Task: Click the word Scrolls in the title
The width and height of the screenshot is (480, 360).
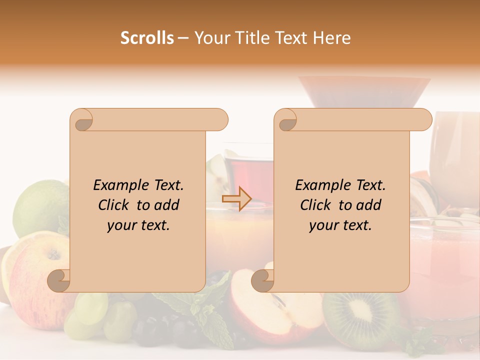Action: click(x=147, y=38)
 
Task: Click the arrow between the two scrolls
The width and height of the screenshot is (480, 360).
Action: click(x=237, y=198)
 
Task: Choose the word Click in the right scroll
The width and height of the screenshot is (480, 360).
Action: click(x=316, y=205)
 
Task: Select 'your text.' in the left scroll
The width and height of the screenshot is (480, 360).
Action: click(x=138, y=225)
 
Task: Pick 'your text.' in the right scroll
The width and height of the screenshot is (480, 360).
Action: click(x=340, y=225)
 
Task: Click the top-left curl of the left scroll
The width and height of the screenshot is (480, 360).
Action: click(x=81, y=119)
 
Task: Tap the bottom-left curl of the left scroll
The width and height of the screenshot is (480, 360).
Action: click(x=59, y=280)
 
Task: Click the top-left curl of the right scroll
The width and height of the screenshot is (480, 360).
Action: click(x=286, y=119)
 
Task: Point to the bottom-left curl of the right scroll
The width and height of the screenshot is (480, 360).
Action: click(x=262, y=280)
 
